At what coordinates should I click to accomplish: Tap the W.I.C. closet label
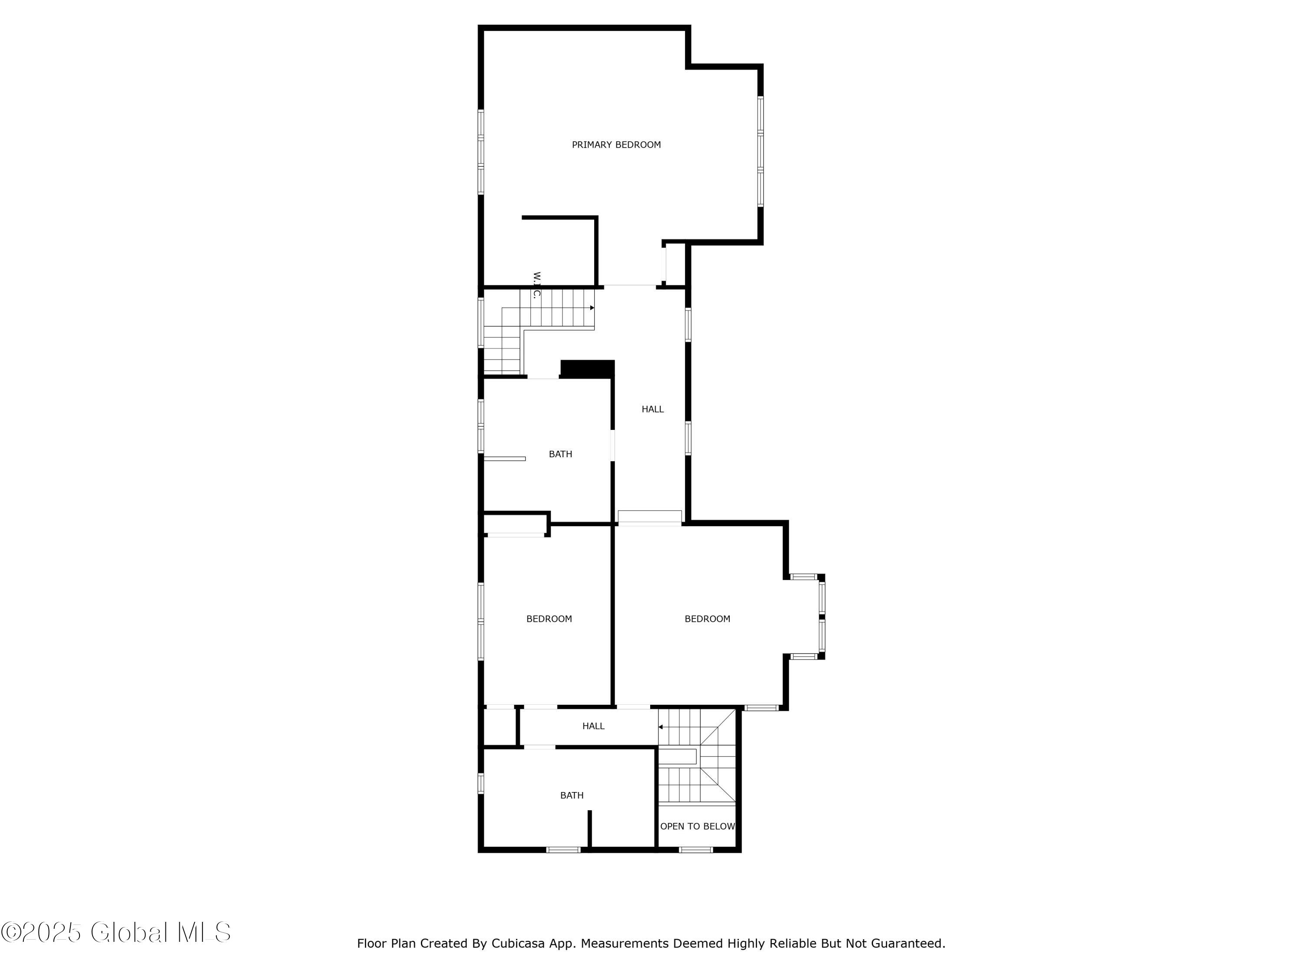(536, 286)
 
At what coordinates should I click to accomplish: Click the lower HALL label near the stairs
(593, 726)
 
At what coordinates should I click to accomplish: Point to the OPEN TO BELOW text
(698, 826)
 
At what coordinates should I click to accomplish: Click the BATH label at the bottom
(572, 795)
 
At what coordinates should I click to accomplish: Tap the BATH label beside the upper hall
(560, 454)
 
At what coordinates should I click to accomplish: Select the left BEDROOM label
(549, 619)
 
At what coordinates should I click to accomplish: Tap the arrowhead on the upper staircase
(592, 308)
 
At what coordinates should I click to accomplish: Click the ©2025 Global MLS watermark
(116, 932)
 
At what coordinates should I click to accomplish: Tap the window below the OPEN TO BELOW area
(696, 850)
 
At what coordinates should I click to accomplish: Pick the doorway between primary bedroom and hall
(630, 286)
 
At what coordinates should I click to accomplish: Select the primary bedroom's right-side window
(761, 152)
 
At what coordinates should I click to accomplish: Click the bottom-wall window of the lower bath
(563, 850)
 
